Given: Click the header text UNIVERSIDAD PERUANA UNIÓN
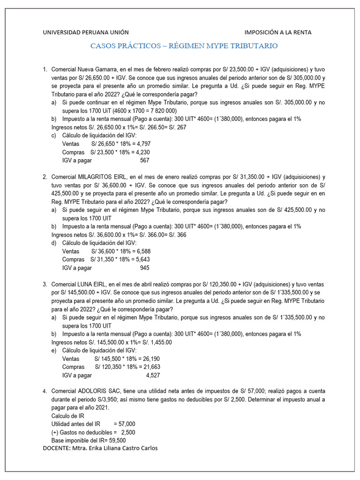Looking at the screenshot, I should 86,32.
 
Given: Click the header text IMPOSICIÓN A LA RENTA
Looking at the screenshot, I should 278,32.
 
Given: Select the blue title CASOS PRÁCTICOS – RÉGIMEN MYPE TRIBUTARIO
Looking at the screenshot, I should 184,46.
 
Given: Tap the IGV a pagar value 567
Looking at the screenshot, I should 144,160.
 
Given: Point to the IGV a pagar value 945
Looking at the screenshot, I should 144,268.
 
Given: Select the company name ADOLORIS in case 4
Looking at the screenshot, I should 95,391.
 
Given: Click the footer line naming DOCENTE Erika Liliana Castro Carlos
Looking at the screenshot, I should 100,448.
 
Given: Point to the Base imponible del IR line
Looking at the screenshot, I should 88,441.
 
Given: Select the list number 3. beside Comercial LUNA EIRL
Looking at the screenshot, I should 45,285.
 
